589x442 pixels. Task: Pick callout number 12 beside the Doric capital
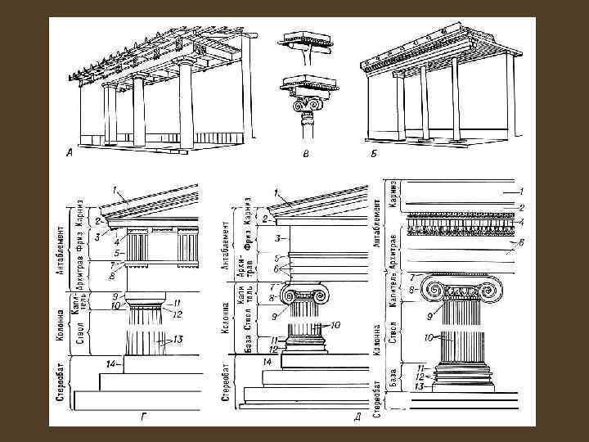coord(177,313)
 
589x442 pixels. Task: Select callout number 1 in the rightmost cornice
coord(517,192)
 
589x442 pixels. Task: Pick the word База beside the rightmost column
coord(392,377)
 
